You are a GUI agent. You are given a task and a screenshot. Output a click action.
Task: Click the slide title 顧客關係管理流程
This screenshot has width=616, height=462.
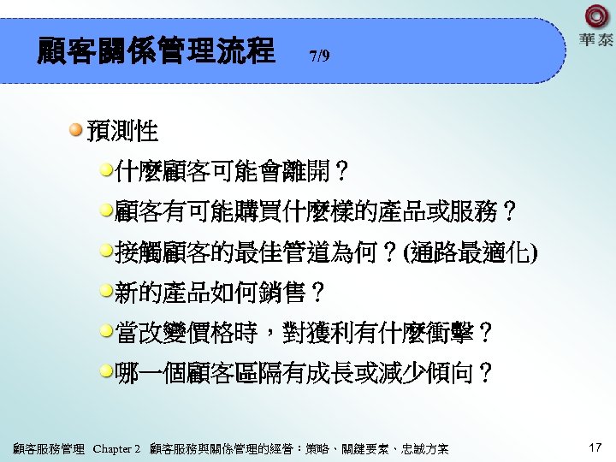click(156, 51)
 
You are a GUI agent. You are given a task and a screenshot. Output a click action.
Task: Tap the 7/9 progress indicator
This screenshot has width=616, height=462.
click(318, 56)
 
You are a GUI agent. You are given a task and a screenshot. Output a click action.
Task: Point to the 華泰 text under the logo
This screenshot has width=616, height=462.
click(595, 40)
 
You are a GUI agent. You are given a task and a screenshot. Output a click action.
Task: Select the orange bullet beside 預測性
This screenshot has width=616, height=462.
click(76, 130)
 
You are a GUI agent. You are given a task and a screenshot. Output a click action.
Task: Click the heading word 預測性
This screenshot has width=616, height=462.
click(122, 132)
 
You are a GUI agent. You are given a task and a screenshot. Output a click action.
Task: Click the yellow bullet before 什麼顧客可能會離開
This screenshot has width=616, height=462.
click(106, 169)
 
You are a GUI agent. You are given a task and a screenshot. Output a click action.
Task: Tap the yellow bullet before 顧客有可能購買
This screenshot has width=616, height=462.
click(106, 210)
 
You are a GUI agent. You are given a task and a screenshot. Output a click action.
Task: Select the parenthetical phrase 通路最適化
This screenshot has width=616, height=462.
click(469, 252)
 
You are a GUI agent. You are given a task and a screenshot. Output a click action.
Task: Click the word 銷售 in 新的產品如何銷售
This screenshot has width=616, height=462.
click(284, 293)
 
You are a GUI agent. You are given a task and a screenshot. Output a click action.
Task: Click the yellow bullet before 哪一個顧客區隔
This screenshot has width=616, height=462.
click(106, 370)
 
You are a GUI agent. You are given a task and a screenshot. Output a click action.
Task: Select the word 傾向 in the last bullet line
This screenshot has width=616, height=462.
click(454, 373)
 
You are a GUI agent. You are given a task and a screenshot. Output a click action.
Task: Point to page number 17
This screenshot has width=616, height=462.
click(596, 447)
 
